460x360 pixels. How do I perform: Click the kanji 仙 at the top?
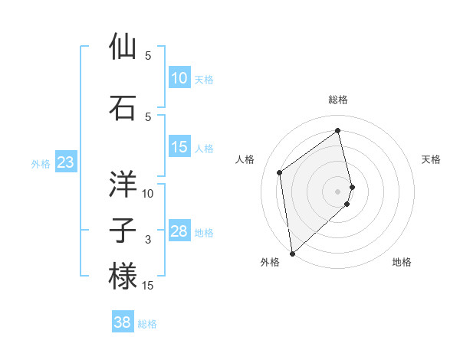tap(123, 47)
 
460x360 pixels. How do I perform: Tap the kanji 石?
tap(123, 108)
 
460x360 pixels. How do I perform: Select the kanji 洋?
tap(123, 185)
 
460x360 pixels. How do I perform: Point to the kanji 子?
tap(123, 231)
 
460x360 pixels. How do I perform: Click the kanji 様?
tap(123, 277)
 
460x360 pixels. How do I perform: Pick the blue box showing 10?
tap(179, 78)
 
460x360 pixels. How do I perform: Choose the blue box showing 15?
tap(179, 147)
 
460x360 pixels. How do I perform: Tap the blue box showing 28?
tap(179, 231)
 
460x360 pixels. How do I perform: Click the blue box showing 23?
tap(65, 162)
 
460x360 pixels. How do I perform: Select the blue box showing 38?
tap(123, 323)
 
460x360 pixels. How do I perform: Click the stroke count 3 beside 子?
tap(148, 241)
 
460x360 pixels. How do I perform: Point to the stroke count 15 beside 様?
tap(148, 286)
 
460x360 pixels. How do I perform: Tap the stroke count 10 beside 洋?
tap(148, 194)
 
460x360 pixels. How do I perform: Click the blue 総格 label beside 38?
tap(147, 324)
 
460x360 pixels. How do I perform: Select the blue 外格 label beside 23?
tap(41, 163)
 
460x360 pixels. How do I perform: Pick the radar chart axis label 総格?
tap(338, 100)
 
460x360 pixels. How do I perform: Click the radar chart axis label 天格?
tap(432, 159)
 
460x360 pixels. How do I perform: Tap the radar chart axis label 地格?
tap(402, 263)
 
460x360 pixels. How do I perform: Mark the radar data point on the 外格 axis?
tap(292, 253)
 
